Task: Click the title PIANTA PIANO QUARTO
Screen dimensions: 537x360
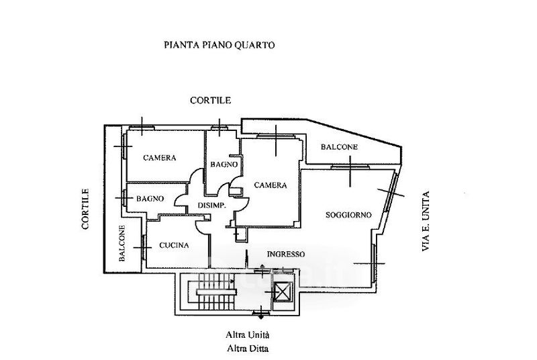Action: click(x=219, y=46)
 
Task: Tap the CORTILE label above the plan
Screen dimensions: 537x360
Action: click(x=210, y=101)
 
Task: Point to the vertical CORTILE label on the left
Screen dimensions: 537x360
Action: click(x=86, y=210)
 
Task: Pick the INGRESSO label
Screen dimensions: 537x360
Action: click(x=285, y=255)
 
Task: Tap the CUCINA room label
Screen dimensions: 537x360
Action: click(x=174, y=246)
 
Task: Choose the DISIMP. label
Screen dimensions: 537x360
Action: click(x=211, y=206)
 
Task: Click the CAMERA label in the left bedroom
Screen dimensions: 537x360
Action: click(x=160, y=159)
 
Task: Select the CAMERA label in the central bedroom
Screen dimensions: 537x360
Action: click(x=271, y=185)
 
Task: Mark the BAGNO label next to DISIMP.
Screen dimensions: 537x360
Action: click(x=150, y=199)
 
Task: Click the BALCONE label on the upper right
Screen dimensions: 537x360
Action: click(x=339, y=148)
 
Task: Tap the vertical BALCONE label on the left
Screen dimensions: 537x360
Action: click(x=123, y=242)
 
